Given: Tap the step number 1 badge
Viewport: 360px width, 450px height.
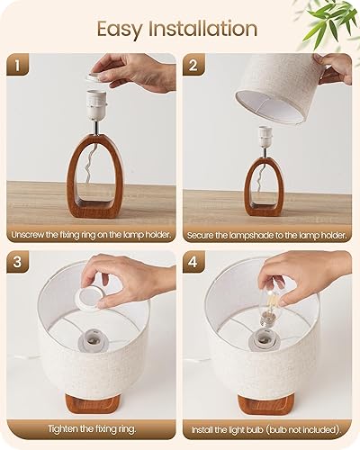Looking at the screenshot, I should [17, 65].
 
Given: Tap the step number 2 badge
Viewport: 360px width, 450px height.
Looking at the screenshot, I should [193, 65].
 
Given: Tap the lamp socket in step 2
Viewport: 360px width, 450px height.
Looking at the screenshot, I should [267, 137].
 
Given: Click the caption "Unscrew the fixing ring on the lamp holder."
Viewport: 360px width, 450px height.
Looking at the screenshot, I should [92, 235].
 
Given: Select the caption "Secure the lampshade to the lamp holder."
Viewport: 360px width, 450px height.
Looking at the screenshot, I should [267, 235].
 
